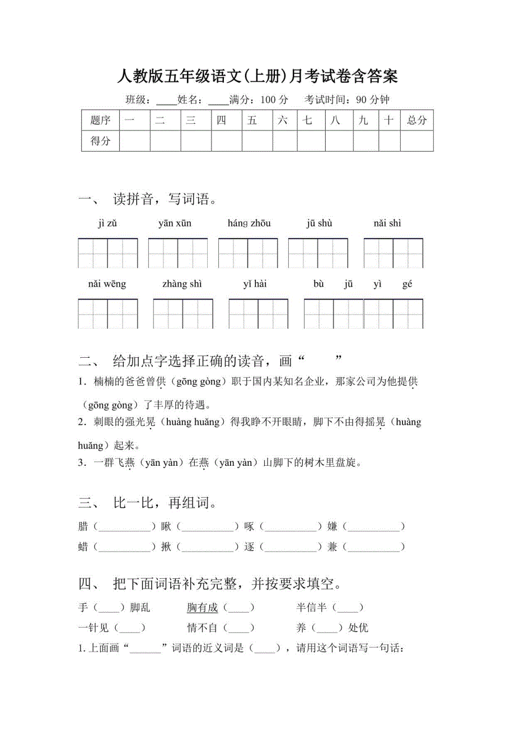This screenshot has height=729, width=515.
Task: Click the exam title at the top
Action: pos(257,76)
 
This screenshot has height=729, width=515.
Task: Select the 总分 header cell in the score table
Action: pos(417,120)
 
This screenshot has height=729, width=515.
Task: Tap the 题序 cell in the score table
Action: pos(100,120)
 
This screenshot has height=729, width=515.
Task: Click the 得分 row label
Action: pos(100,141)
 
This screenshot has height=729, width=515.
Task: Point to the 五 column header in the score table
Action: pos(252,120)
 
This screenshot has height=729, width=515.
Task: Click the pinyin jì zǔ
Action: pos(107,223)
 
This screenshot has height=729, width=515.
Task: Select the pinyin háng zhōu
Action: pos(249,223)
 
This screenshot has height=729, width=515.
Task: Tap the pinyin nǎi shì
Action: pos(387,223)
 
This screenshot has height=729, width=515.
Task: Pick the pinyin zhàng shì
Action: pos(182,284)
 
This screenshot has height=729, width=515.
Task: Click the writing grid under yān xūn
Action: pos(178,253)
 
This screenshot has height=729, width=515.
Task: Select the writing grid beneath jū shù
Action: pos(318,253)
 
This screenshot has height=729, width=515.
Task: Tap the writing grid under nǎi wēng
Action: pos(108,314)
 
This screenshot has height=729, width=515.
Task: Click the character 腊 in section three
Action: pos(83,526)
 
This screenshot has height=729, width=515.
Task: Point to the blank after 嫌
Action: pos(374,527)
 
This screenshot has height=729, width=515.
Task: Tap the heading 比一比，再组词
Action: pos(165,503)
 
